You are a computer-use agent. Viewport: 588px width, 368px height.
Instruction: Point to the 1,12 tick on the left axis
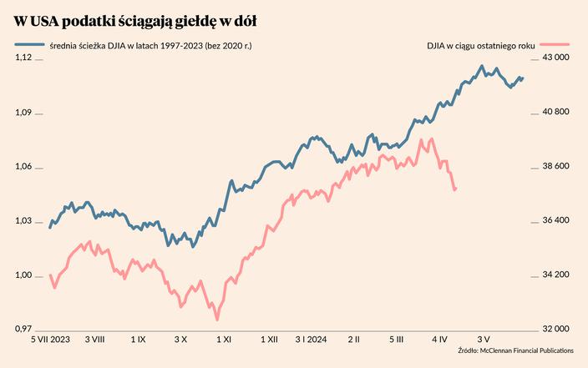pos(23,58)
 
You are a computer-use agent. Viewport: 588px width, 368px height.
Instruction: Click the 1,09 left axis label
pos(23,112)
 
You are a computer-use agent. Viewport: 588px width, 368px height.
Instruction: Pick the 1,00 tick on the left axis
pos(23,275)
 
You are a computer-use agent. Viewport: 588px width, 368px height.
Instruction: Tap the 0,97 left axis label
pos(23,330)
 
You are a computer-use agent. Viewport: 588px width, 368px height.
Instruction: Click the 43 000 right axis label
pos(555,58)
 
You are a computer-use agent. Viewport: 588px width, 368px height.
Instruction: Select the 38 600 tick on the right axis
pos(555,166)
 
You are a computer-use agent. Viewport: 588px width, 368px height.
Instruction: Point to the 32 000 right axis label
pos(555,330)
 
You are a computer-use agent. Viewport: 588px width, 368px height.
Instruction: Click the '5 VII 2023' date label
pos(51,340)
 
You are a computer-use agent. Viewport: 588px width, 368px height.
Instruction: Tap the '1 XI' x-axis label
pos(224,340)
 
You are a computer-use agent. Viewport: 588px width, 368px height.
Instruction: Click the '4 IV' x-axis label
pos(440,340)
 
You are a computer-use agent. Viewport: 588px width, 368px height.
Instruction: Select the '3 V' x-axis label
pos(484,340)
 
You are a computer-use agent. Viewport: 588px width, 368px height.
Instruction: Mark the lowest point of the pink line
pos(217,319)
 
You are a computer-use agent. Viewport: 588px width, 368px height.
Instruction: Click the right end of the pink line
pos(455,189)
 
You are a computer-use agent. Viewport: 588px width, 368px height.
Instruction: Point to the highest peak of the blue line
pos(482,66)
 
